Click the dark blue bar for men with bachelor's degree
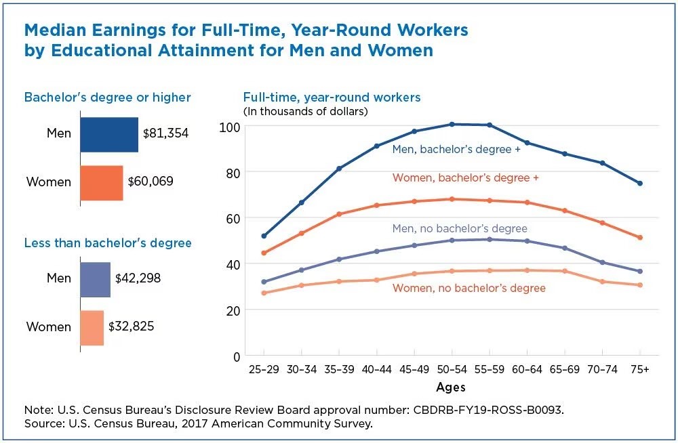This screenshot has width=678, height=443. (x=108, y=133)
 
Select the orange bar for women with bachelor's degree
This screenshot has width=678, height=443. (x=101, y=182)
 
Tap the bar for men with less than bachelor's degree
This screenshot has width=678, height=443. (x=95, y=278)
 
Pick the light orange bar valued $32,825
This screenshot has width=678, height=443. (x=92, y=327)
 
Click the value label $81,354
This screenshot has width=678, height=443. (x=165, y=133)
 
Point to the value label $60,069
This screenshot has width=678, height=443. (x=151, y=182)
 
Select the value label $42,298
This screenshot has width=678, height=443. (x=138, y=278)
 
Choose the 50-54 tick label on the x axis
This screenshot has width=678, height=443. (x=451, y=371)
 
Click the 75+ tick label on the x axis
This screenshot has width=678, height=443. (x=639, y=371)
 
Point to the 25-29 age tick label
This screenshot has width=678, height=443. (x=263, y=371)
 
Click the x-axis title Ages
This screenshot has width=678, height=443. (x=451, y=387)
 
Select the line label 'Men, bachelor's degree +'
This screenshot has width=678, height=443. (x=456, y=149)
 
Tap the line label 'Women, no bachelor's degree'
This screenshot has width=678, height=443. (x=469, y=289)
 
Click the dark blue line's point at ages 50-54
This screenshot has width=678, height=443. (x=451, y=124)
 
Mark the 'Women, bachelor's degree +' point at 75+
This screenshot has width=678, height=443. (x=639, y=238)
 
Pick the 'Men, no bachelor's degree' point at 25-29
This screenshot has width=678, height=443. (x=263, y=282)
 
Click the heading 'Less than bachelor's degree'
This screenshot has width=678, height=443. (x=108, y=242)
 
